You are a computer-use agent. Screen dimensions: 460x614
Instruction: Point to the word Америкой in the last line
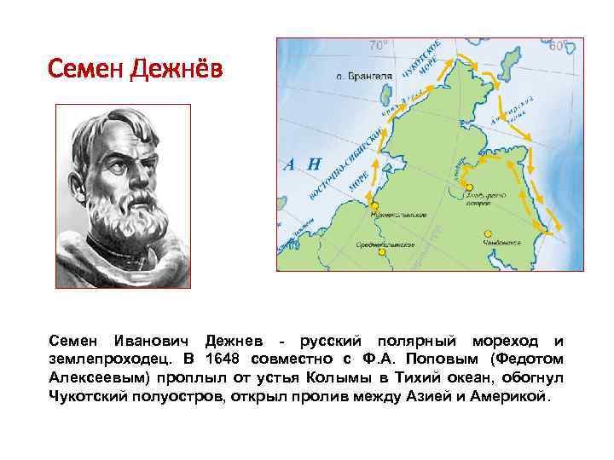pos(514,396)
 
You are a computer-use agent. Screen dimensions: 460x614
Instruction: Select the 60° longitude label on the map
pos(558,46)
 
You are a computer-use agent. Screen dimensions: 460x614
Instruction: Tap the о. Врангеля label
pos(364,76)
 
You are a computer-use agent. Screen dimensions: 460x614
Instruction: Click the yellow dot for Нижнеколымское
pos(374,206)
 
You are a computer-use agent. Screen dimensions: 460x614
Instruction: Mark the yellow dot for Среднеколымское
pos(382,251)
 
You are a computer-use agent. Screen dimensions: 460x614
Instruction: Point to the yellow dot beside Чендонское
pos(488,233)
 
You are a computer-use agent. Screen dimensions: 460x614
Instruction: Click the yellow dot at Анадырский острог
pos(469,187)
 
